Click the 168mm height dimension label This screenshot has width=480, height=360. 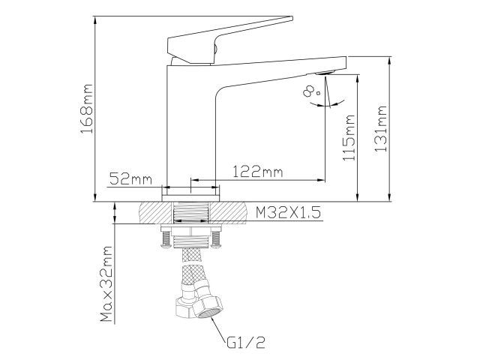[x=87, y=113]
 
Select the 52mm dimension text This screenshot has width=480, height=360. [x=130, y=179]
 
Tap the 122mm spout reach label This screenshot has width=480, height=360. [x=257, y=172]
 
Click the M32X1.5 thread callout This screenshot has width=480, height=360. [x=288, y=213]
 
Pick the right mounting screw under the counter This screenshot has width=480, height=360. [x=217, y=239]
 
